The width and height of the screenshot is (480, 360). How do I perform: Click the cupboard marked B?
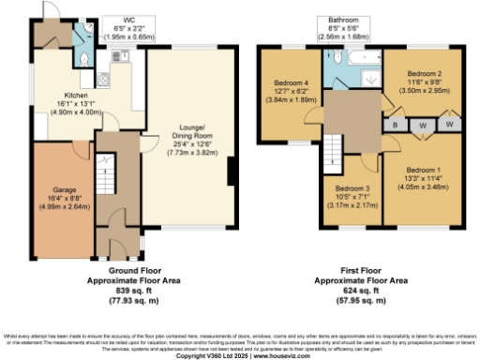click(x=397, y=123)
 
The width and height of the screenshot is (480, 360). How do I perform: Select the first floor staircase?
click(x=334, y=148)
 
